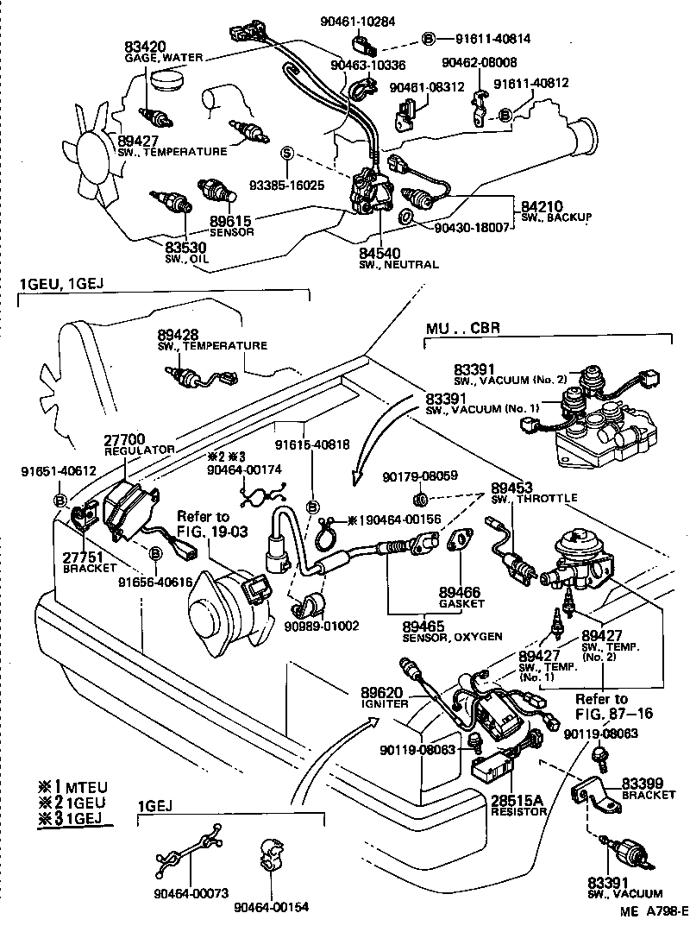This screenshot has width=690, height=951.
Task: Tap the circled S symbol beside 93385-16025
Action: (x=287, y=154)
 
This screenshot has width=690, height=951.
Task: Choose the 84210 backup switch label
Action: (x=542, y=206)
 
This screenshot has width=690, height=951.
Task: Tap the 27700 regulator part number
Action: (x=124, y=439)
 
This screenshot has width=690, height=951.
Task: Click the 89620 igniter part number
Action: (x=381, y=692)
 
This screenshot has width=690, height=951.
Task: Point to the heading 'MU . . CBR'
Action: (x=464, y=329)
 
